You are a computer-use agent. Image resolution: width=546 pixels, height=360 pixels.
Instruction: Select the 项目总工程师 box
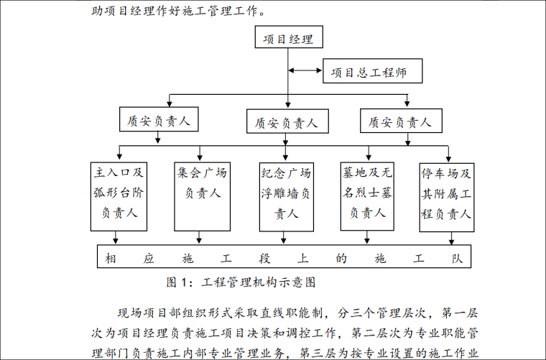[371, 71]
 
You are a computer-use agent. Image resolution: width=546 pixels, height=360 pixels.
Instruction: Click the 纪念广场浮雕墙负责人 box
[285, 193]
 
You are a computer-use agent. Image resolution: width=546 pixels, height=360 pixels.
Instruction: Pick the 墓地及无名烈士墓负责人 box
[367, 193]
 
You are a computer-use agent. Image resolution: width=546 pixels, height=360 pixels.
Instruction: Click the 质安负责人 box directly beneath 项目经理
[286, 121]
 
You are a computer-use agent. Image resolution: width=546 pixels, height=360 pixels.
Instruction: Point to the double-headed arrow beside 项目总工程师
[305, 70]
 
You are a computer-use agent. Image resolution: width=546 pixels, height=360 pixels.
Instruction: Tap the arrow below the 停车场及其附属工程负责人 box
[451, 239]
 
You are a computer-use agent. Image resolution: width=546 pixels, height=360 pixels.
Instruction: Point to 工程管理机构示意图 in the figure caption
[259, 282]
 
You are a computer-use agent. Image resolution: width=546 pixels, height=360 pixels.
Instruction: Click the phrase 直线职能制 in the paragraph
[292, 313]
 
